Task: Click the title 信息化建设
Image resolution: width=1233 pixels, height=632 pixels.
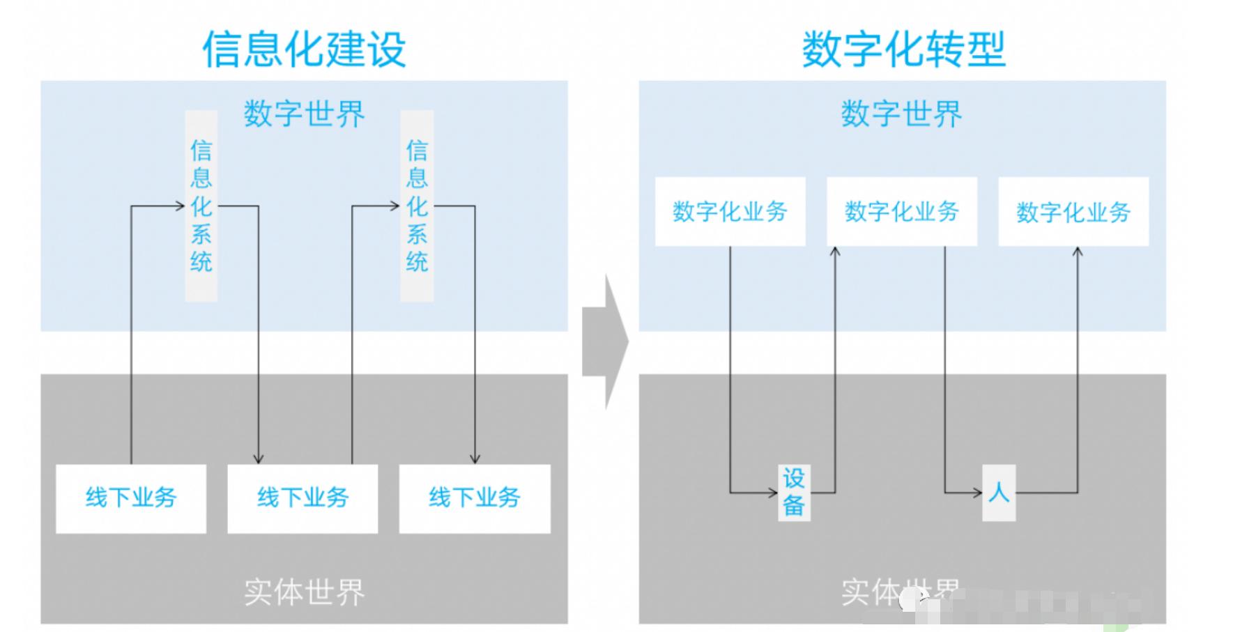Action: (x=304, y=49)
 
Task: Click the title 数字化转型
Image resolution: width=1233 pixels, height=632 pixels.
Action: (x=903, y=49)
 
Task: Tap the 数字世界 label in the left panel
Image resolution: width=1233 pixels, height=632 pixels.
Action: (x=304, y=114)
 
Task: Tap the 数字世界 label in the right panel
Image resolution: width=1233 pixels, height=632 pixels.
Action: (x=901, y=114)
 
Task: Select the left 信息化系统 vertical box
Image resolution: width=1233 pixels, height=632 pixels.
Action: (x=201, y=206)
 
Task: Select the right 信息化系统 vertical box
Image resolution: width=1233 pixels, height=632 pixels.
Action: (x=417, y=206)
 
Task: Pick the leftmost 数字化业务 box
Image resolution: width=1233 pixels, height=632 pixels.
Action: (x=730, y=211)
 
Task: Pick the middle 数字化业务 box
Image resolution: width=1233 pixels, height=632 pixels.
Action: (x=901, y=211)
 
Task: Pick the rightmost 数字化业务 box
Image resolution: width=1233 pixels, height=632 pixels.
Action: (x=1073, y=211)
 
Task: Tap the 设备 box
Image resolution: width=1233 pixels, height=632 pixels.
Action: (x=794, y=492)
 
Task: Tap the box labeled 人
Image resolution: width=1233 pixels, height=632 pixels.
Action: (x=998, y=493)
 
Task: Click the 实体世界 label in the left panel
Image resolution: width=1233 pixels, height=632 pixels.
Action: (x=304, y=592)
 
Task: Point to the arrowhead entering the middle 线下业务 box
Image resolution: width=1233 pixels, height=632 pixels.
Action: (x=259, y=459)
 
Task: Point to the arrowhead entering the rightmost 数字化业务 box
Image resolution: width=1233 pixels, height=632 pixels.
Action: (x=1078, y=252)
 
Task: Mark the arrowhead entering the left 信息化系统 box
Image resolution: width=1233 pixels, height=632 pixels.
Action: (x=179, y=206)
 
